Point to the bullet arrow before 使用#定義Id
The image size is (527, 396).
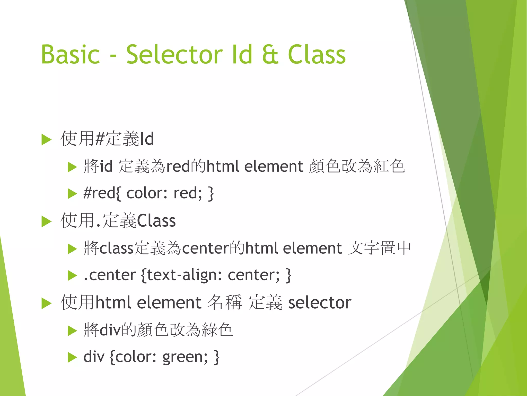[46, 140]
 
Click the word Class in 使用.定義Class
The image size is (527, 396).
[156, 221]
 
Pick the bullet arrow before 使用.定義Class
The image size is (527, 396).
[46, 222]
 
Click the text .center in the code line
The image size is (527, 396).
[110, 275]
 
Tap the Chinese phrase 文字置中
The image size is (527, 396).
[379, 248]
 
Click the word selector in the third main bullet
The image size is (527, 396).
[320, 303]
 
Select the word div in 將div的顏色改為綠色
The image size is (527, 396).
[110, 330]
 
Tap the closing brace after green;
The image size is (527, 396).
[216, 357]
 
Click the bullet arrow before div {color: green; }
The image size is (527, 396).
[72, 358]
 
